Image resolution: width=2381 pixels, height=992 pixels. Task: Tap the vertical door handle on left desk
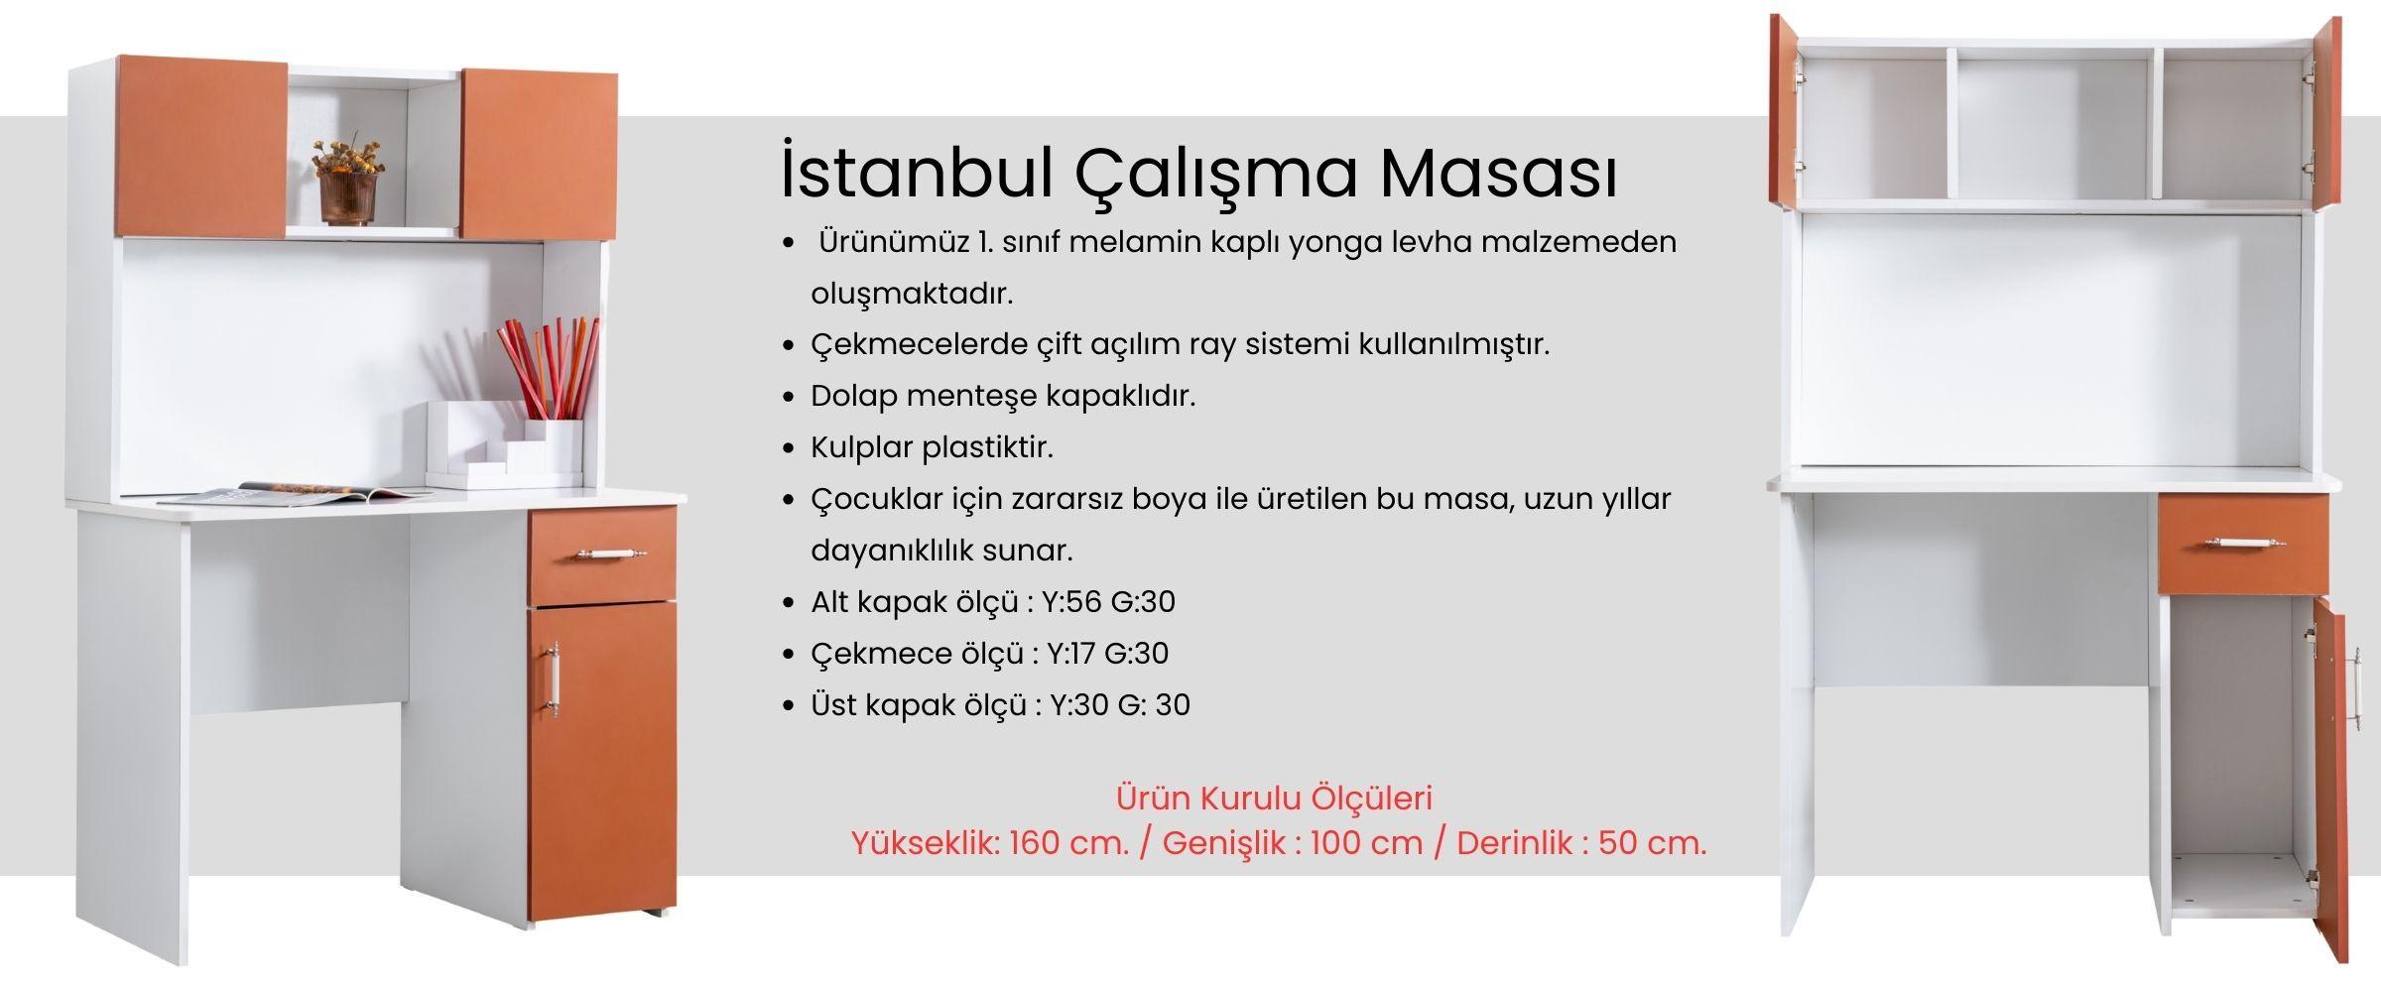coord(554,680)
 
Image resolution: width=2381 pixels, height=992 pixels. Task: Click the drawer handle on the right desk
coord(2242,542)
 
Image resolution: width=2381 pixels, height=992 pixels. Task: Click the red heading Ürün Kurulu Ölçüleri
coord(1274,798)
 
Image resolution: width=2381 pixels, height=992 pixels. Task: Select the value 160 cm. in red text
coord(1069,843)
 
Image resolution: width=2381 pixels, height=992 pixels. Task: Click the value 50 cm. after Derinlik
coord(1653,843)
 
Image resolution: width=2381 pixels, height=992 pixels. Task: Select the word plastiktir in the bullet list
coord(987,447)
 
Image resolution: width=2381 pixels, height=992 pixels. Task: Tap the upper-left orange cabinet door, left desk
coord(201,147)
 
